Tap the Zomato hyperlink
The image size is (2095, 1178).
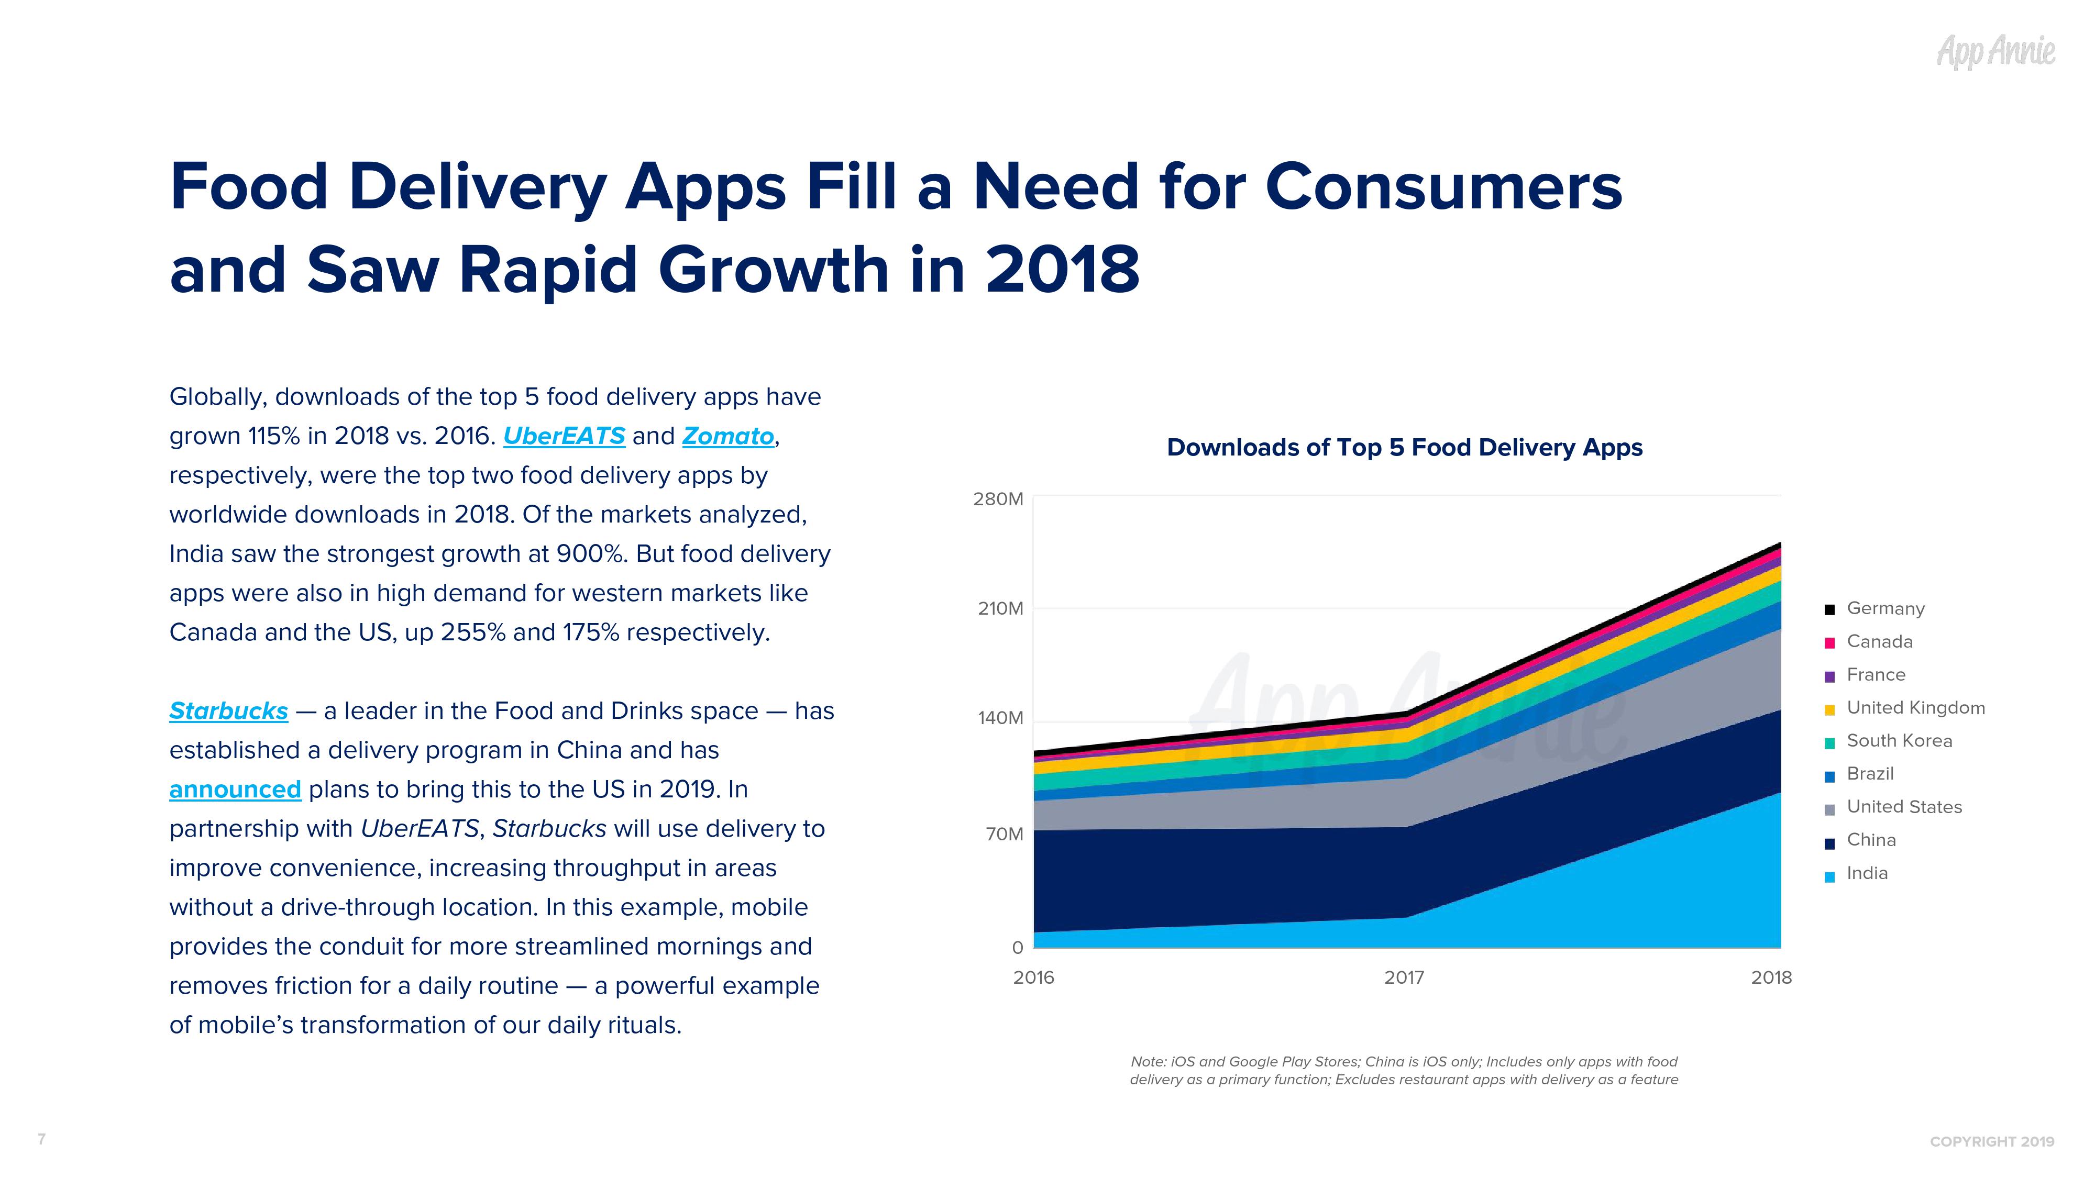[728, 437]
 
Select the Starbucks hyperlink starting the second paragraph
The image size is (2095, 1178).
[228, 712]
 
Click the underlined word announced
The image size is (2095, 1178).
[235, 790]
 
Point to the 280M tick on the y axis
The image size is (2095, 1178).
[998, 499]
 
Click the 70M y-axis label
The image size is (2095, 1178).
[1004, 834]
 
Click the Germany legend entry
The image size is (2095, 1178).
[1885, 609]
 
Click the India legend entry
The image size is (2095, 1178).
[1867, 874]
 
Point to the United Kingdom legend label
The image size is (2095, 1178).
[1915, 708]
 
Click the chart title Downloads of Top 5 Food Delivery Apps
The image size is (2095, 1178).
[1405, 448]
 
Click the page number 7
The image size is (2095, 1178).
[41, 1139]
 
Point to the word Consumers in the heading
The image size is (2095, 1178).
[1443, 187]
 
